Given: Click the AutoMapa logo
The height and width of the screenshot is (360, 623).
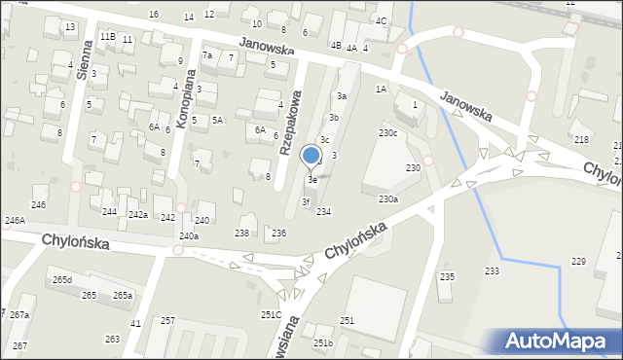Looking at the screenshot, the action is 558,342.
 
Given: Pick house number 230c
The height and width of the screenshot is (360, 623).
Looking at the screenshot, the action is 388,132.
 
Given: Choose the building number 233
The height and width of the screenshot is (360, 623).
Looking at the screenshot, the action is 493,270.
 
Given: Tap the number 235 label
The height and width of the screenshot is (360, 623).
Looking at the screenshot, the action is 447,277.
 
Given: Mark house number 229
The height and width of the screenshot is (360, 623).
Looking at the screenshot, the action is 578,261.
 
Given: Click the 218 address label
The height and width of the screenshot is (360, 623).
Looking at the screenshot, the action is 582,141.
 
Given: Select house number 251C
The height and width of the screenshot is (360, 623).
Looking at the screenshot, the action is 271,314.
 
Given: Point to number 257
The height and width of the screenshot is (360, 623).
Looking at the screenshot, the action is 167,320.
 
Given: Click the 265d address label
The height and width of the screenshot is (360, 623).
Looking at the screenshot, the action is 62,280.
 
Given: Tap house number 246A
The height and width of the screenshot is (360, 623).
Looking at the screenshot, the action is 15,221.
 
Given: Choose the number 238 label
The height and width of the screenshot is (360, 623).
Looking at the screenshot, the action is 241,234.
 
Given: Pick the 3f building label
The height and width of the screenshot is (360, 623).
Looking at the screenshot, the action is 306,201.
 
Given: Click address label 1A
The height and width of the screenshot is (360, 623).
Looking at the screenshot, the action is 382,89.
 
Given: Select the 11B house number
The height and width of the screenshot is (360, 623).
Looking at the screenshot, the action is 107,36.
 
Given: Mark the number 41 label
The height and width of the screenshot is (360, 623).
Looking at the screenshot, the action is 136,323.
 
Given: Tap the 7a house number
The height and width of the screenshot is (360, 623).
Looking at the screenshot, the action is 206,55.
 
